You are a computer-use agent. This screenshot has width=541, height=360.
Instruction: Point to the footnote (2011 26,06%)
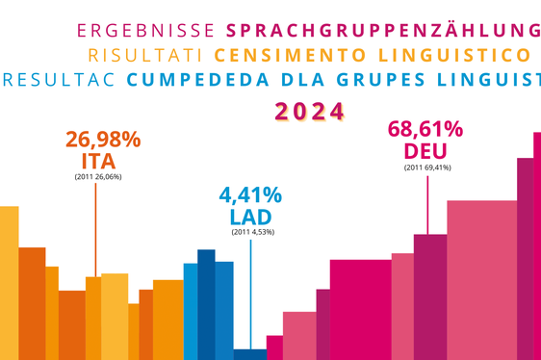click(x=97, y=177)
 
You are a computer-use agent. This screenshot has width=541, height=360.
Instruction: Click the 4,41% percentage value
click(x=250, y=195)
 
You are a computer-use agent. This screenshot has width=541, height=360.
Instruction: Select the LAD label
click(x=250, y=218)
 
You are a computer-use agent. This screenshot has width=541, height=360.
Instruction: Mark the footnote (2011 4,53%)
click(x=251, y=233)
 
